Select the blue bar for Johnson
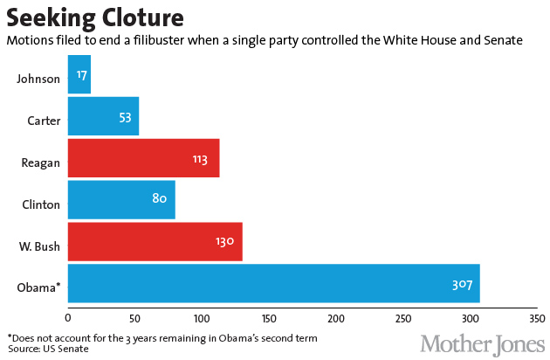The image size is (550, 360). coord(79,75)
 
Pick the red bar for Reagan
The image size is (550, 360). coord(142,159)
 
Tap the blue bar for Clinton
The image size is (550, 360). coord(120,200)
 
